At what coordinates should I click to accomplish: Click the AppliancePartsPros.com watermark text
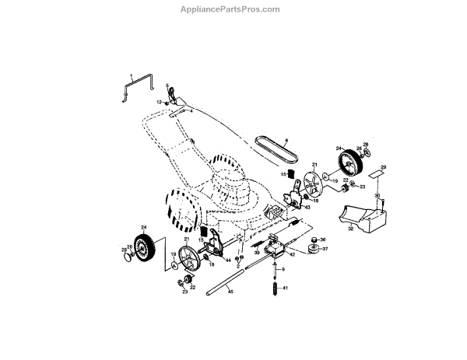click(233, 10)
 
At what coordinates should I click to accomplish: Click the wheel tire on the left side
click(143, 248)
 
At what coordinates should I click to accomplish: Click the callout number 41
click(286, 288)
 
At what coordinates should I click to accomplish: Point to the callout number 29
click(383, 167)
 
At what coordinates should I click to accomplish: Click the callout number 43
click(307, 208)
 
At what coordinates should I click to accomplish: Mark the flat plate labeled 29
click(376, 175)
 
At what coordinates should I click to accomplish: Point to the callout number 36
click(323, 239)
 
